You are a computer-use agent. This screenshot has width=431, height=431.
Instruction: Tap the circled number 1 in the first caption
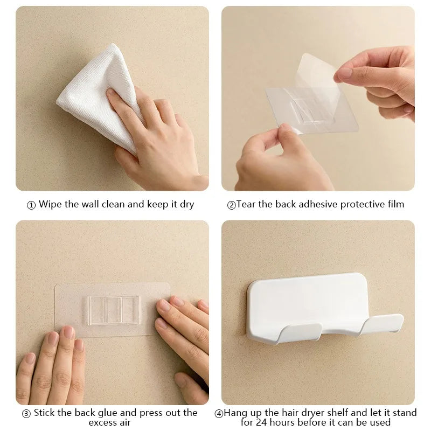coord(31,205)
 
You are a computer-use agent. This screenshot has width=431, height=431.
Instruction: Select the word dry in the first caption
coord(186,205)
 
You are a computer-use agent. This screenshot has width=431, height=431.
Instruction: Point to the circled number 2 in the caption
coord(231,205)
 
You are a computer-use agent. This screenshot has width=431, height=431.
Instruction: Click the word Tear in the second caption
coord(246,204)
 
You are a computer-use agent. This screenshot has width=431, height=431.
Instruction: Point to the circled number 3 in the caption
coord(26,414)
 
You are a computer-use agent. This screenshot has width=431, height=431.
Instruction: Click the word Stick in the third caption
coord(45,413)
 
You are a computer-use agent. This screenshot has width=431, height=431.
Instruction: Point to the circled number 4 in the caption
coord(219,414)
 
